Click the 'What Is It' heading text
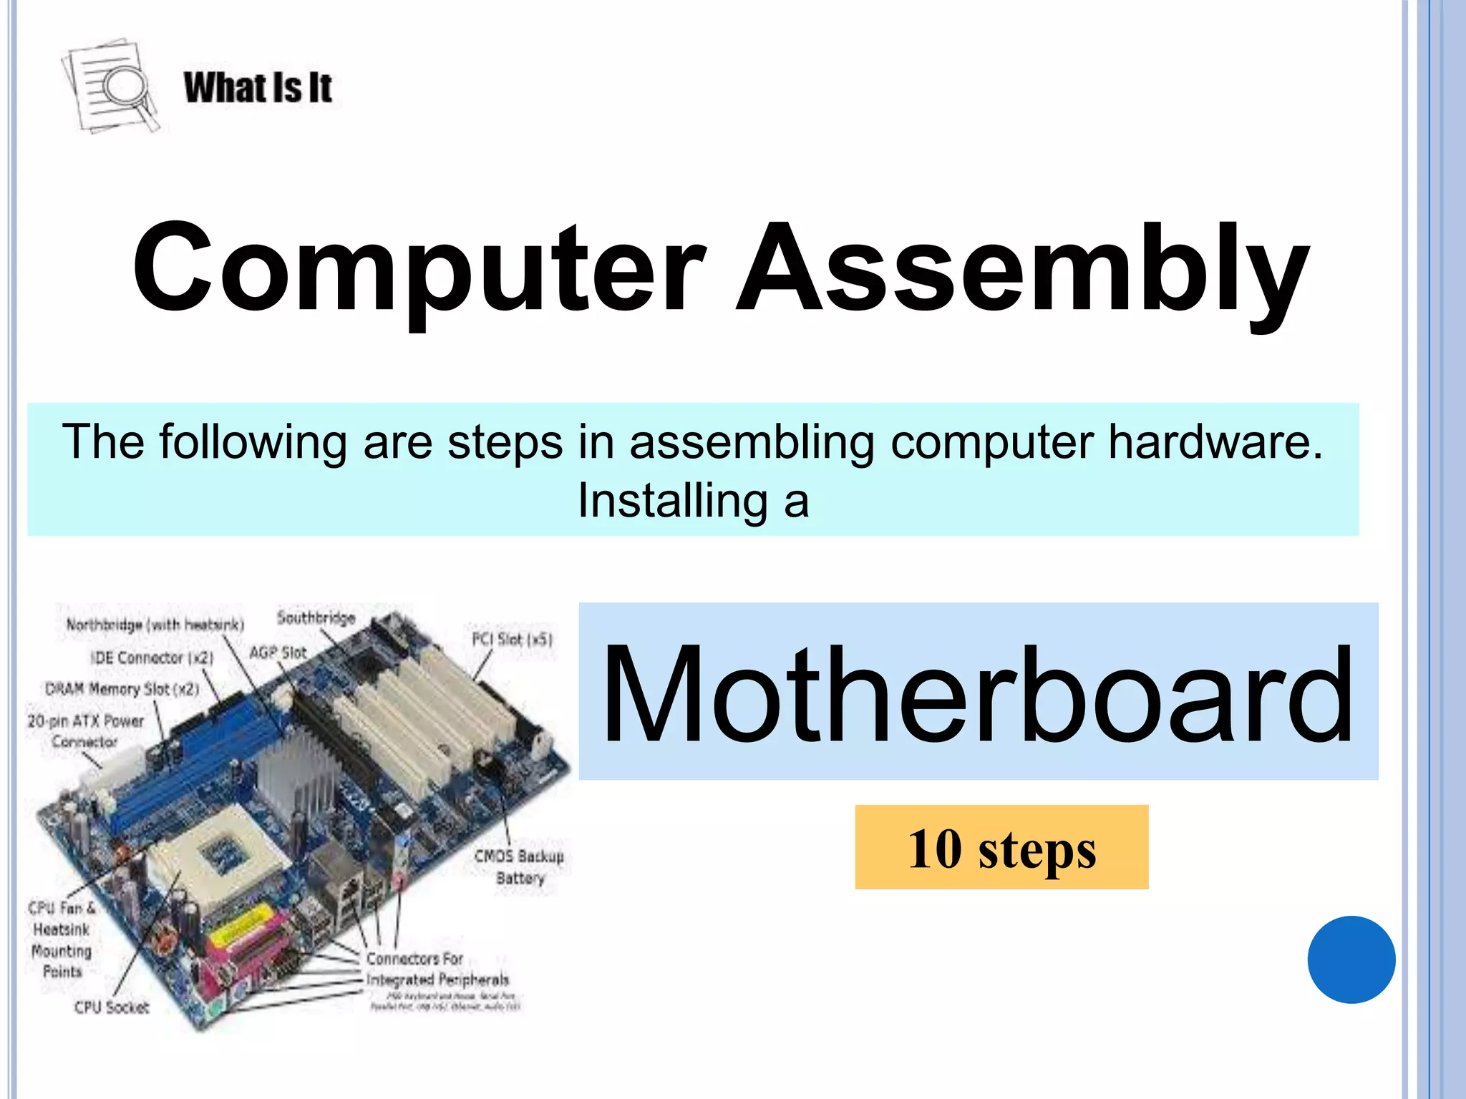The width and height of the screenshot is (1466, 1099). coord(258,88)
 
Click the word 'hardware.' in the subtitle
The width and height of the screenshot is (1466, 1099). coord(1215,441)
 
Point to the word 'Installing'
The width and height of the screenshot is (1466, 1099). coord(673,500)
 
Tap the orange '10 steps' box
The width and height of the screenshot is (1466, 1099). coord(1001,847)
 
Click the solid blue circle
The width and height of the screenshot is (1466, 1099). coord(1351,959)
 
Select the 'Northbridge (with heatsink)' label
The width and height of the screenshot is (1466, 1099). coord(155,625)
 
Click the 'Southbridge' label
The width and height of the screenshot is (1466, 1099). coord(316,617)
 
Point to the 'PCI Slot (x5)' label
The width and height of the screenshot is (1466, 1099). coord(512,639)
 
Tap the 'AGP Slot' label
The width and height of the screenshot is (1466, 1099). coord(278,653)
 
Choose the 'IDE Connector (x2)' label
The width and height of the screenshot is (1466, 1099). coord(152,658)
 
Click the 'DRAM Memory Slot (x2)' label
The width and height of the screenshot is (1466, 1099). coord(122,689)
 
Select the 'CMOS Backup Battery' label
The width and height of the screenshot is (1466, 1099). coord(520,866)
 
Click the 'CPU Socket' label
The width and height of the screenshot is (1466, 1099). coord(112,1007)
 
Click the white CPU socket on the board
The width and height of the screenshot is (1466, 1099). coord(215,859)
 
